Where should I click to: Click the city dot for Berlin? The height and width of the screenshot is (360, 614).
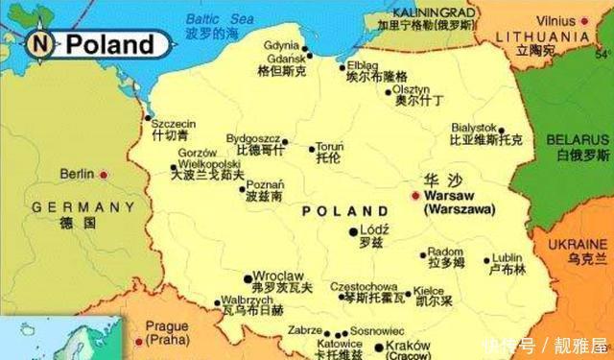tap(104, 175)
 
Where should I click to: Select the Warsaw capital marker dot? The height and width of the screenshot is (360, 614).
tap(414, 195)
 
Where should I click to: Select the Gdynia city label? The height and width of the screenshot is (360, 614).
tap(282, 44)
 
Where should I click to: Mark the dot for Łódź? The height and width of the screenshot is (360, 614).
tap(352, 231)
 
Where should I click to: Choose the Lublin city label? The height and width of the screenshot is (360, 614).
tap(508, 257)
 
